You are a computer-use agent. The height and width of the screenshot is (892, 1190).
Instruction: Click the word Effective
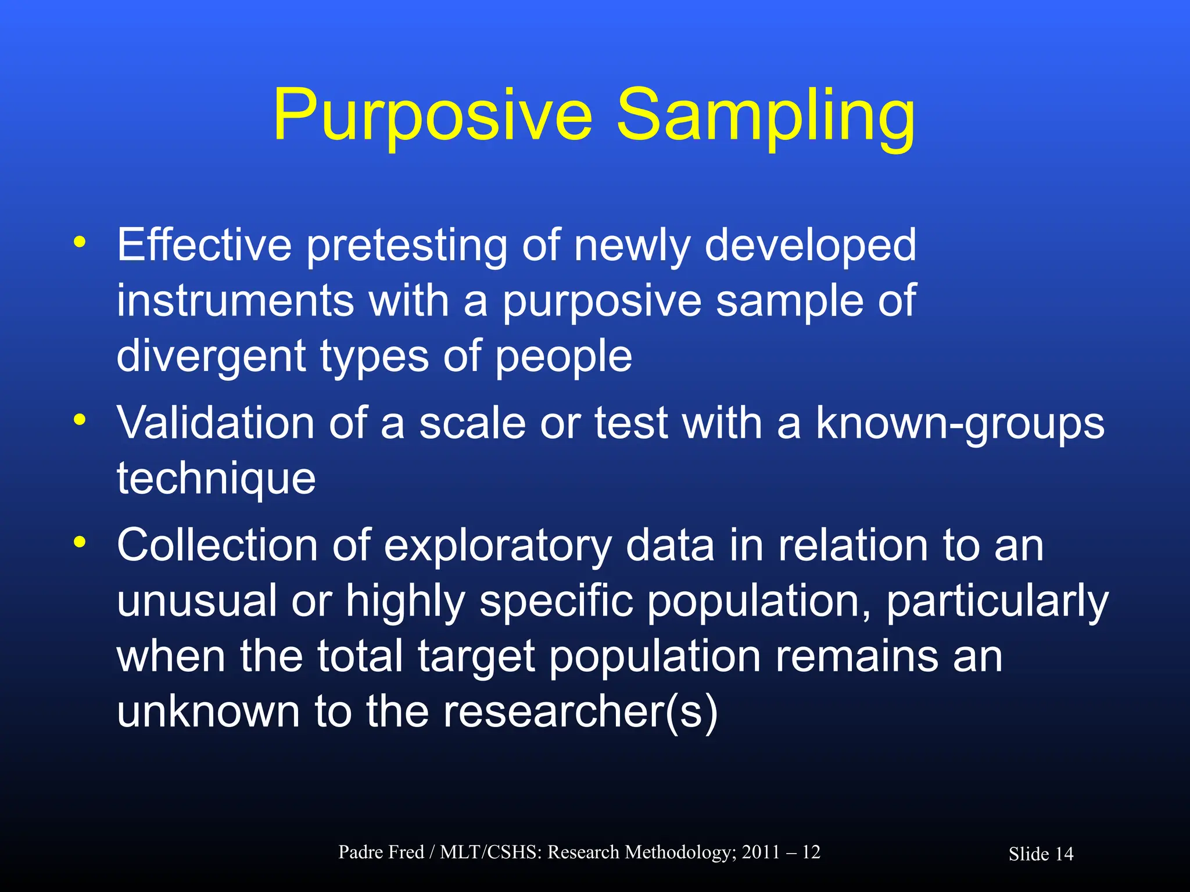(204, 245)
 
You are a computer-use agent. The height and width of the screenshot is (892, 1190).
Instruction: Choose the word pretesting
(407, 246)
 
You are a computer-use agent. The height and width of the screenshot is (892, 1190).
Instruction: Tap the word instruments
(235, 301)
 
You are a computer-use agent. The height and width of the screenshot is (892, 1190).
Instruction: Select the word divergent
(211, 357)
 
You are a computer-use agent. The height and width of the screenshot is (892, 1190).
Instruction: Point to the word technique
(216, 480)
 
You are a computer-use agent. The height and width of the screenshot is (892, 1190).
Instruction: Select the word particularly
(997, 602)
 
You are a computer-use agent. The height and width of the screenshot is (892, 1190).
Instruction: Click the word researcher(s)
(580, 712)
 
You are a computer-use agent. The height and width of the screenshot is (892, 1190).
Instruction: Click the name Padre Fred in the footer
(381, 852)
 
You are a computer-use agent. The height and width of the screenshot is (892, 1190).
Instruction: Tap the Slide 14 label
(1041, 854)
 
